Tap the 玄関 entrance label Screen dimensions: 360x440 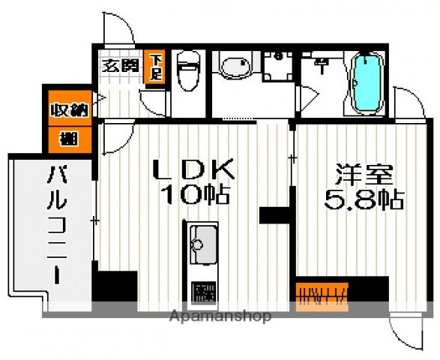click(x=120, y=65)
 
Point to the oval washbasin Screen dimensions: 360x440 click(x=235, y=67)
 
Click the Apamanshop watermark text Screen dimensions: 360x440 click(x=223, y=316)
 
